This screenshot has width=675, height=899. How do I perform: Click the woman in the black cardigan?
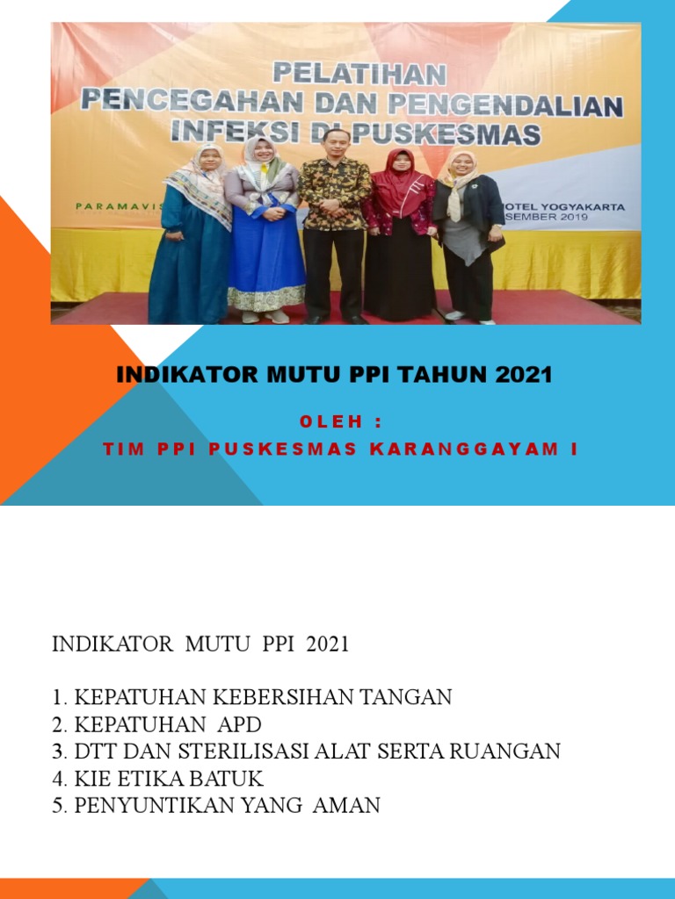point(467,233)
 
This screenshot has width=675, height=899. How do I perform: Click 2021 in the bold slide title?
point(523,375)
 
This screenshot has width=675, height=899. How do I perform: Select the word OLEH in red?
point(331,422)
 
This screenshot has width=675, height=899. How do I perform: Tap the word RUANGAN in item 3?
point(517,752)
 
